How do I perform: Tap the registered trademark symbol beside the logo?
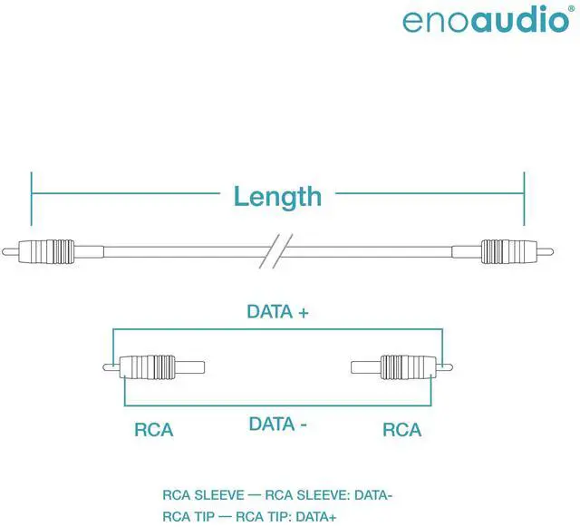[571, 6]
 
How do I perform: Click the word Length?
[277, 196]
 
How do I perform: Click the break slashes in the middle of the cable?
[276, 250]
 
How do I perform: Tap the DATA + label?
[278, 311]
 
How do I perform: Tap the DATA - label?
[278, 424]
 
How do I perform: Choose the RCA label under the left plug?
[154, 429]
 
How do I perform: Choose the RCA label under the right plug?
[402, 429]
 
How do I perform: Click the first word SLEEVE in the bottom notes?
[218, 495]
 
